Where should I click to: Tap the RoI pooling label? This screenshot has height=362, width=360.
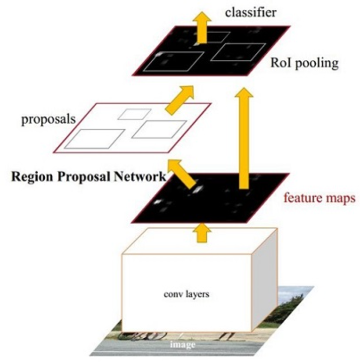click(x=304, y=63)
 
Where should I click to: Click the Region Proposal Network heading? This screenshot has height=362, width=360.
click(x=88, y=176)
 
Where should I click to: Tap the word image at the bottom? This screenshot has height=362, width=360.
click(x=182, y=345)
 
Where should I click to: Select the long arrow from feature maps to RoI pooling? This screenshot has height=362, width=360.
click(x=245, y=136)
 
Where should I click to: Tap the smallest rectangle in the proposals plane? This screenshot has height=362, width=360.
click(x=135, y=114)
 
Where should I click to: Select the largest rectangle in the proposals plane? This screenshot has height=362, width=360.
click(x=95, y=139)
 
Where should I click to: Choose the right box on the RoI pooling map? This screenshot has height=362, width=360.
click(x=237, y=52)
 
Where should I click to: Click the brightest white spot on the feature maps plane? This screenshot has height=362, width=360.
click(x=198, y=189)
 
